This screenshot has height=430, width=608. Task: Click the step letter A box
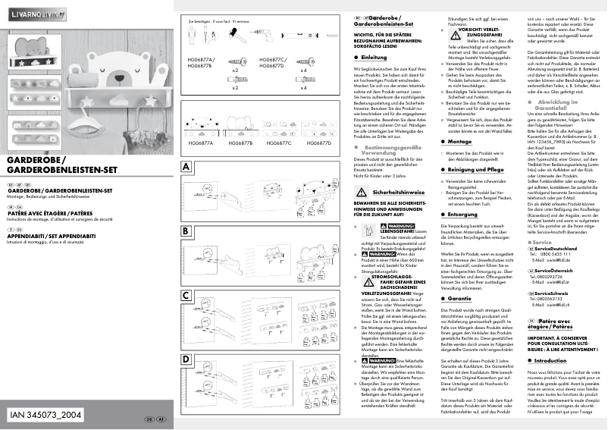click(x=186, y=165)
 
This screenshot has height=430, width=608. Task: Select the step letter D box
click(x=186, y=359)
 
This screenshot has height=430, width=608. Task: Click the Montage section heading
click(x=461, y=141)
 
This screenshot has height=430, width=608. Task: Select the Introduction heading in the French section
click(x=553, y=360)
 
